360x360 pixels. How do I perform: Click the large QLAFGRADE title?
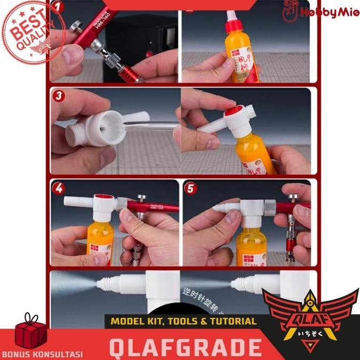click(185, 346)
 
